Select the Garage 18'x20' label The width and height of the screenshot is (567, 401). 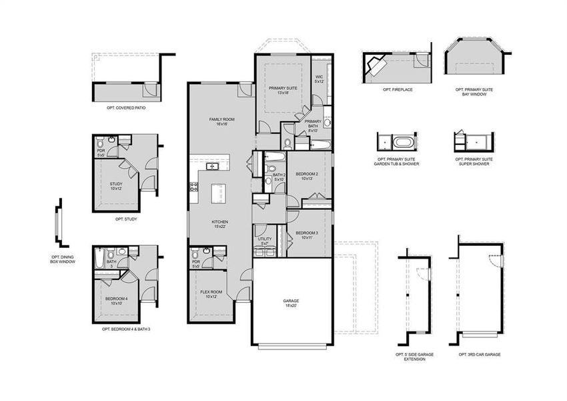(291, 303)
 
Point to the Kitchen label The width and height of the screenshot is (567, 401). (220, 224)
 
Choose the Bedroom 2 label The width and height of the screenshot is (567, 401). (307, 176)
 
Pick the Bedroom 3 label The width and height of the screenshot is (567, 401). (307, 235)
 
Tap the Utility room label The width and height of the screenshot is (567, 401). (264, 241)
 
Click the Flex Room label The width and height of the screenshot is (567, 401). (211, 294)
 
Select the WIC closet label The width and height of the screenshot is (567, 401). (319, 80)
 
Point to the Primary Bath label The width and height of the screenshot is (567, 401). (312, 128)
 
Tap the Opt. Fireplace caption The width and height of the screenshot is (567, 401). (398, 90)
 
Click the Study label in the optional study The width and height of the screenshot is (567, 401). (116, 186)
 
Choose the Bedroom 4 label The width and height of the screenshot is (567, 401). (116, 301)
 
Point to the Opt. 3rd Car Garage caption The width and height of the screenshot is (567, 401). (480, 354)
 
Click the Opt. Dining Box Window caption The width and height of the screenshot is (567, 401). (63, 259)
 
